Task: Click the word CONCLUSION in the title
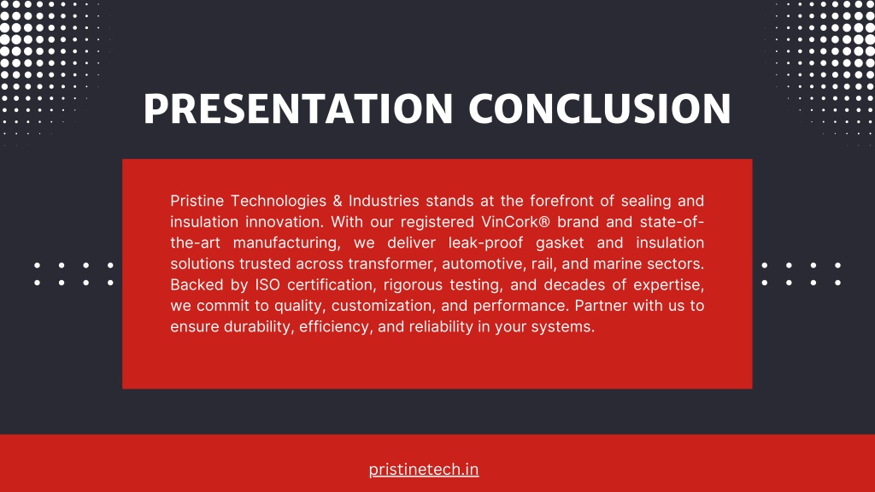point(600,108)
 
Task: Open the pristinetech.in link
point(424,469)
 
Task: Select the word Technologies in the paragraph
point(279,201)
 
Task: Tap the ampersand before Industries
point(337,201)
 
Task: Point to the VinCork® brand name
point(515,221)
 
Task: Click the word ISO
point(267,284)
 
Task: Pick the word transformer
point(391,263)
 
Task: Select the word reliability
point(441,326)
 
